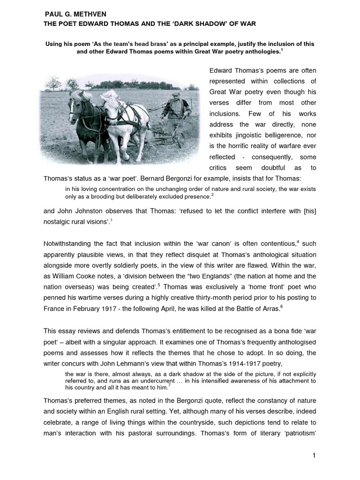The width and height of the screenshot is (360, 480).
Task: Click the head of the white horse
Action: [109, 101]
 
